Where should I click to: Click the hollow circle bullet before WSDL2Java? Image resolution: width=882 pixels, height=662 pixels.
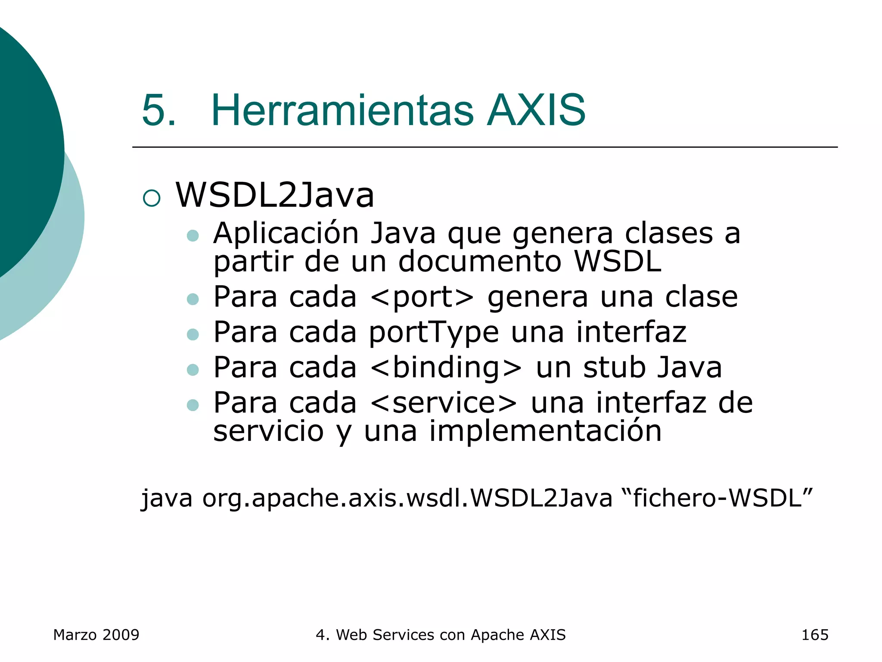coord(152,198)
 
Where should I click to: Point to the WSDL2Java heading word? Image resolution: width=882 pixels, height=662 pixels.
coord(275,195)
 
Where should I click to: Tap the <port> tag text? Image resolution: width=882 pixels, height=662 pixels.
coord(422,297)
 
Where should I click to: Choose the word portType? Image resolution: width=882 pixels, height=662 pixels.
coord(434,333)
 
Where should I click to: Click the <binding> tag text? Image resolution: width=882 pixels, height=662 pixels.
coord(446,368)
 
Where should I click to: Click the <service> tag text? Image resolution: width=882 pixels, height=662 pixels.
coord(443,403)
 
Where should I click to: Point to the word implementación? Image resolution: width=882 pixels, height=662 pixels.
coord(545,431)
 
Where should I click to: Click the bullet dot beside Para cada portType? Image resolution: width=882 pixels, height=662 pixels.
coord(193,334)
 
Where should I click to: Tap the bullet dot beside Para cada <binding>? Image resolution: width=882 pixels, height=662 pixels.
coord(193,370)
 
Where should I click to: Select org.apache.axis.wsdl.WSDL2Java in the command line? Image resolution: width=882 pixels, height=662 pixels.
coord(407,498)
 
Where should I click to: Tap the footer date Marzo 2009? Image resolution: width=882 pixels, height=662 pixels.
coord(96,635)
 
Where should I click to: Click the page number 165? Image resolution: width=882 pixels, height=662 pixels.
coord(814,635)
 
